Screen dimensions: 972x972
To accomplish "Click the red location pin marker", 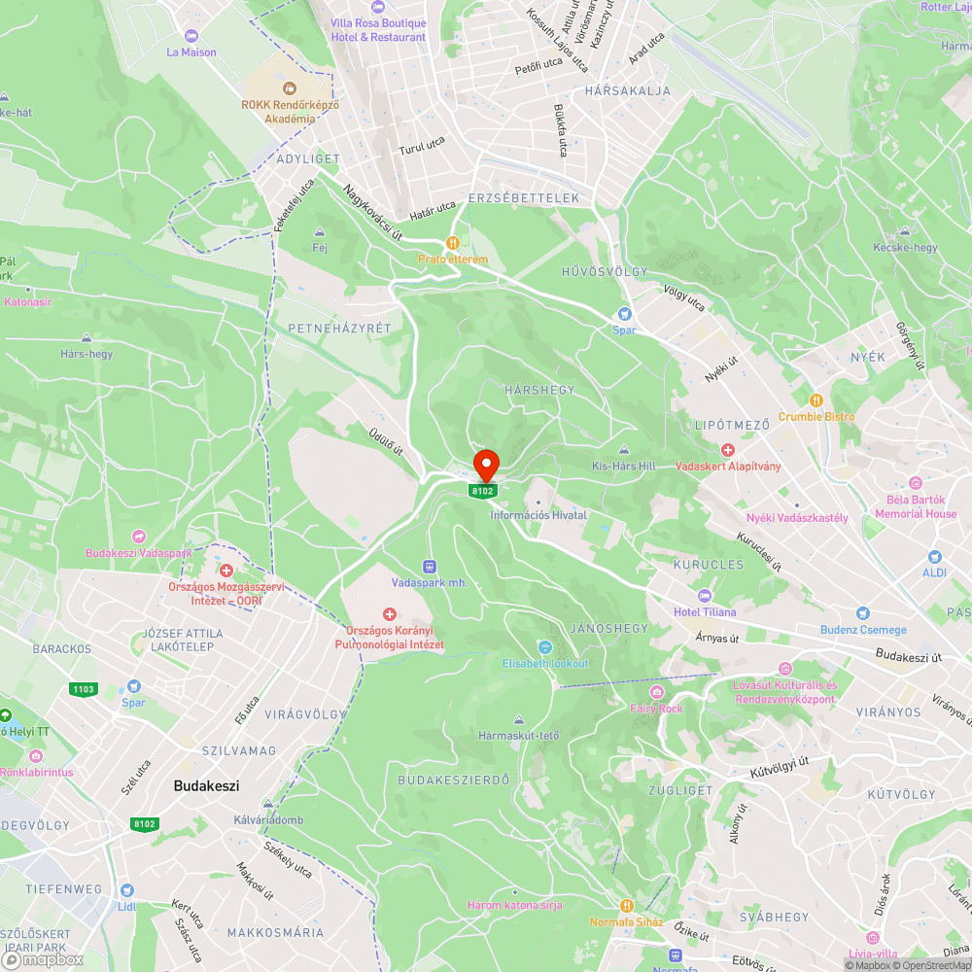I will click(x=485, y=465).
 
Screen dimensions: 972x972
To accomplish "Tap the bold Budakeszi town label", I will click(x=206, y=785).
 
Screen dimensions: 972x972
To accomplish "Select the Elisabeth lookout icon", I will click(x=545, y=647).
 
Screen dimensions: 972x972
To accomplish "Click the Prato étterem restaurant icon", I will click(x=452, y=243).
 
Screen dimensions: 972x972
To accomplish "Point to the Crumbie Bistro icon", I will click(x=816, y=399).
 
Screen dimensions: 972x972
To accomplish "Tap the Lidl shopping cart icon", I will click(x=126, y=890).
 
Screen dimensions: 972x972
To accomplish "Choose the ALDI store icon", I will click(x=935, y=557).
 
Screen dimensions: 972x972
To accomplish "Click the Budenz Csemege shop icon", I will click(x=861, y=613).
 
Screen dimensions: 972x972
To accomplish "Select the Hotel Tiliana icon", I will click(x=705, y=596).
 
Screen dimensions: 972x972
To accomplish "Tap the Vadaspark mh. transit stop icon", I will click(x=429, y=566).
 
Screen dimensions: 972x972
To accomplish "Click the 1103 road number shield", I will click(x=84, y=689).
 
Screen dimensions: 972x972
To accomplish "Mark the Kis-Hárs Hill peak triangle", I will click(x=624, y=450).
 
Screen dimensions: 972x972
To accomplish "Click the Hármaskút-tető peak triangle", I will click(x=519, y=720).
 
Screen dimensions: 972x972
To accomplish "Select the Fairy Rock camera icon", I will click(x=658, y=692).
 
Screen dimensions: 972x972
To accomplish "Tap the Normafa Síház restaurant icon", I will click(x=627, y=906).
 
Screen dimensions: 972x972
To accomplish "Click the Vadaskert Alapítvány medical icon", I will click(x=728, y=449).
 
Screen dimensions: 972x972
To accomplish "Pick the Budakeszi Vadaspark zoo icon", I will click(x=139, y=537).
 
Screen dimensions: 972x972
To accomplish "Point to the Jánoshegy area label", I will click(x=609, y=629).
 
